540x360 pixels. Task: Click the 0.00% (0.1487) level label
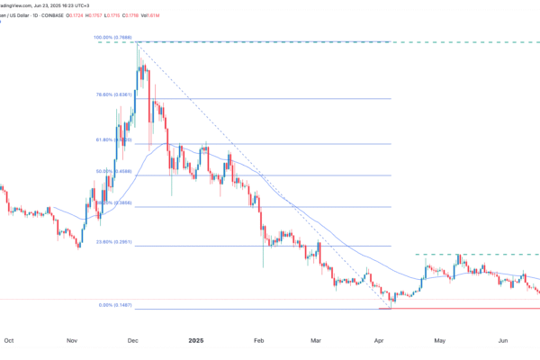pyautogui.click(x=116, y=305)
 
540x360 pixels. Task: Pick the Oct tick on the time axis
pyautogui.click(x=9, y=340)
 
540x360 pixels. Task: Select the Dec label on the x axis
pyautogui.click(x=132, y=340)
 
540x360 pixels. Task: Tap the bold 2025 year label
pyautogui.click(x=197, y=340)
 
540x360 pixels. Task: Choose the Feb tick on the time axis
pyautogui.click(x=258, y=340)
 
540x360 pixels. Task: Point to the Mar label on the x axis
pyautogui.click(x=316, y=340)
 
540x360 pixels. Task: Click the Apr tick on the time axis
pyautogui.click(x=379, y=340)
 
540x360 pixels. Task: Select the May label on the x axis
pyautogui.click(x=440, y=340)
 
